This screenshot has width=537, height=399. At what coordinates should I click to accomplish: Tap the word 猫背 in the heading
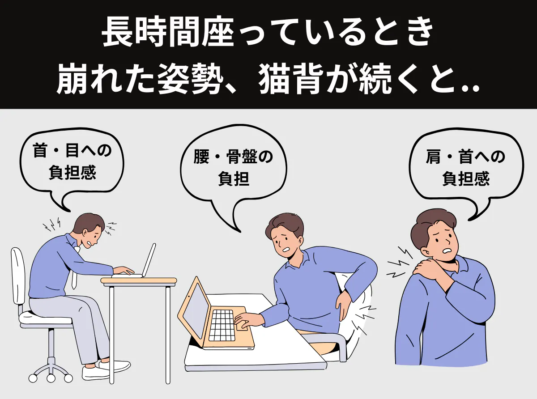[x=291, y=80]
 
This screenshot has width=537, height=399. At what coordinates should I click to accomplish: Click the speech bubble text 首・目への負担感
[x=72, y=161]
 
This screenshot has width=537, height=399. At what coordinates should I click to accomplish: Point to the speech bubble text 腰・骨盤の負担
[x=234, y=168]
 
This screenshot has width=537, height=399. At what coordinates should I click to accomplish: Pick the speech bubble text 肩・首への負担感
[x=465, y=168]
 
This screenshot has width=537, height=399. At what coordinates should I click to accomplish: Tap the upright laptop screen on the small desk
[x=149, y=260]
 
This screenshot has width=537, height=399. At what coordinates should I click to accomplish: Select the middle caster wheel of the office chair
[x=51, y=378]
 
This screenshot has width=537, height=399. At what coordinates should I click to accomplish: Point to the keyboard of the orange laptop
[x=222, y=325]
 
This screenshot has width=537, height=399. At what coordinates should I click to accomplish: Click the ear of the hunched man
[x=85, y=233]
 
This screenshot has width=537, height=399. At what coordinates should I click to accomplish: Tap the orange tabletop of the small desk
[x=138, y=280]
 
